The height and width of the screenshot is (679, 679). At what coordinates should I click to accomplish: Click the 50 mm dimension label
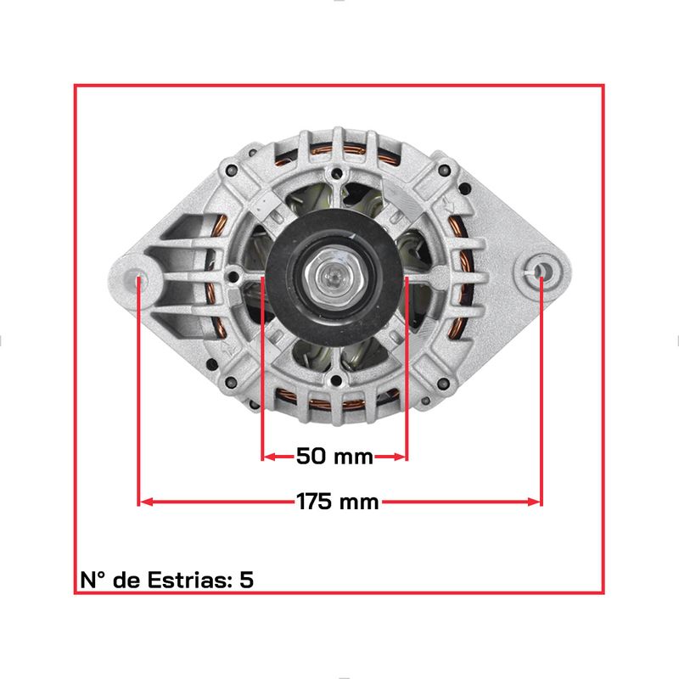(334, 457)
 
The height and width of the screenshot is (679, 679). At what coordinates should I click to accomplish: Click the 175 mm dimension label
(337, 502)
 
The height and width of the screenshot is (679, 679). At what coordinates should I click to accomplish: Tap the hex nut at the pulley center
(334, 275)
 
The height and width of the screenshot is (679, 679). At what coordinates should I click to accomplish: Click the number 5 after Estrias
(246, 580)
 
